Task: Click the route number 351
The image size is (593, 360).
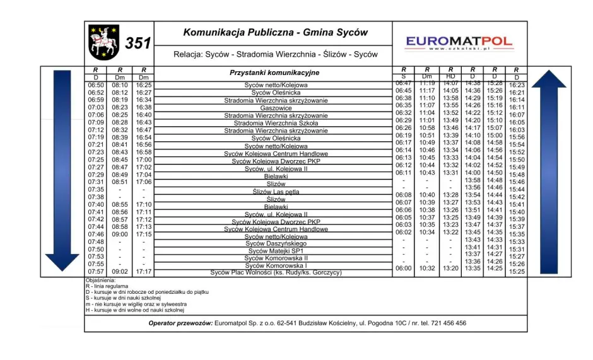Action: pos(138,44)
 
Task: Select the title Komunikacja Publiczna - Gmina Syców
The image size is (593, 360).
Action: pos(276,33)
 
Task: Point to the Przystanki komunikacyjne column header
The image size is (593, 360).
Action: pos(274,73)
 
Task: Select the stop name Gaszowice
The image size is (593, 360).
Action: pos(276,108)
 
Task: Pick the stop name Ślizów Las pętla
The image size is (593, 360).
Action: pos(276,192)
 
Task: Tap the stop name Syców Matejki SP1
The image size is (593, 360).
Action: pos(276,251)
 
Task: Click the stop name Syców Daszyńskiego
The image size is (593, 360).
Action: pos(276,243)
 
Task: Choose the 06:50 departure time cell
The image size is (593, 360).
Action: pos(96,85)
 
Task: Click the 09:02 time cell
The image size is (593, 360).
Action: pos(120,272)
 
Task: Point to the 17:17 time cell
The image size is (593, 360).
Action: pos(144,272)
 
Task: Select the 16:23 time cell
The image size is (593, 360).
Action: pos(517,85)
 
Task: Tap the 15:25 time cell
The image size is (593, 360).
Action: pos(517,272)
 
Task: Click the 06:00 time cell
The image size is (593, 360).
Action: pos(403,269)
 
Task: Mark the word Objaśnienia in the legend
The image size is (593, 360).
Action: pos(101,280)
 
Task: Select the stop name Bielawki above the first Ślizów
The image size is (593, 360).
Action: pos(276,177)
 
